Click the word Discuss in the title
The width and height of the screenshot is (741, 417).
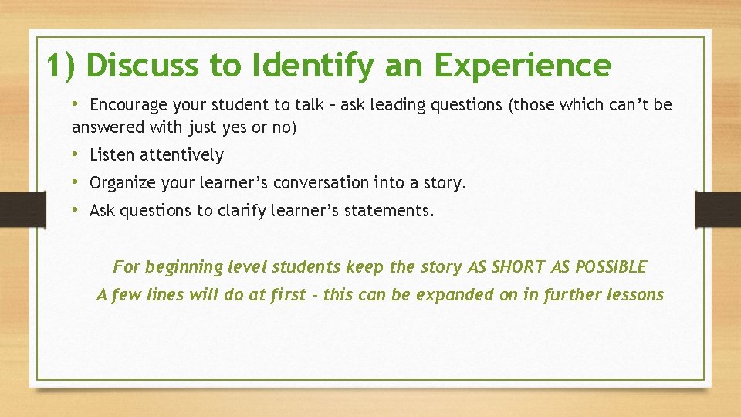pyautogui.click(x=143, y=66)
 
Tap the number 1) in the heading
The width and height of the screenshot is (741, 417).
pyautogui.click(x=61, y=66)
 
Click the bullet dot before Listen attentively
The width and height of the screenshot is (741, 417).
pyautogui.click(x=76, y=154)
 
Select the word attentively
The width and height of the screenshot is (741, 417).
pyautogui.click(x=182, y=155)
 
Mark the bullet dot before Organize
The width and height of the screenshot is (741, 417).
pyautogui.click(x=76, y=182)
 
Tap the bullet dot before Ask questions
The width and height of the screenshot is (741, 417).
pyautogui.click(x=76, y=210)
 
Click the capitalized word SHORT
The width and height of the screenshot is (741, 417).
pyautogui.click(x=519, y=267)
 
